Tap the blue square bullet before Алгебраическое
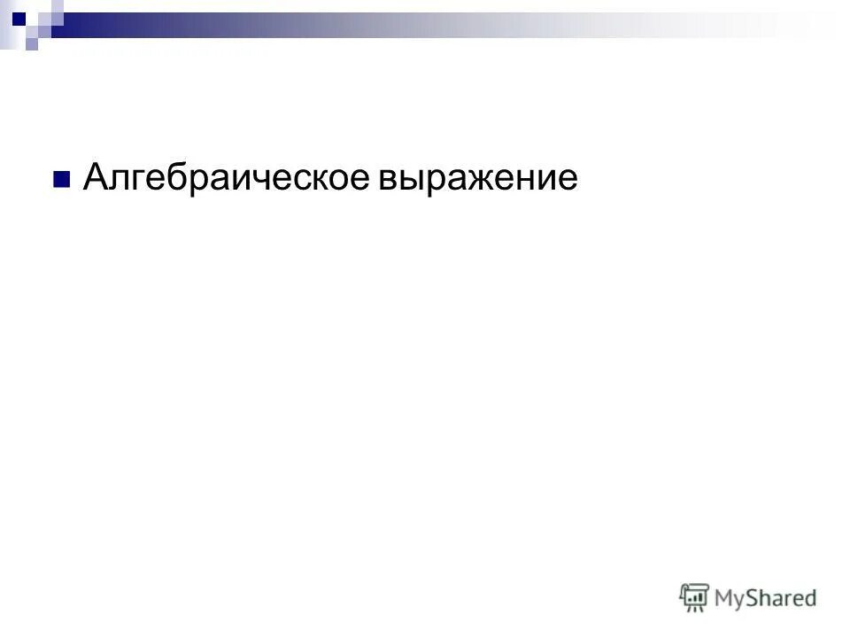(x=61, y=181)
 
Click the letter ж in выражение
(x=480, y=180)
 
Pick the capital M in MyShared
(x=726, y=597)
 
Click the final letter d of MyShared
(x=809, y=597)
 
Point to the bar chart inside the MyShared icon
(x=695, y=595)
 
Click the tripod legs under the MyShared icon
(x=695, y=609)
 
